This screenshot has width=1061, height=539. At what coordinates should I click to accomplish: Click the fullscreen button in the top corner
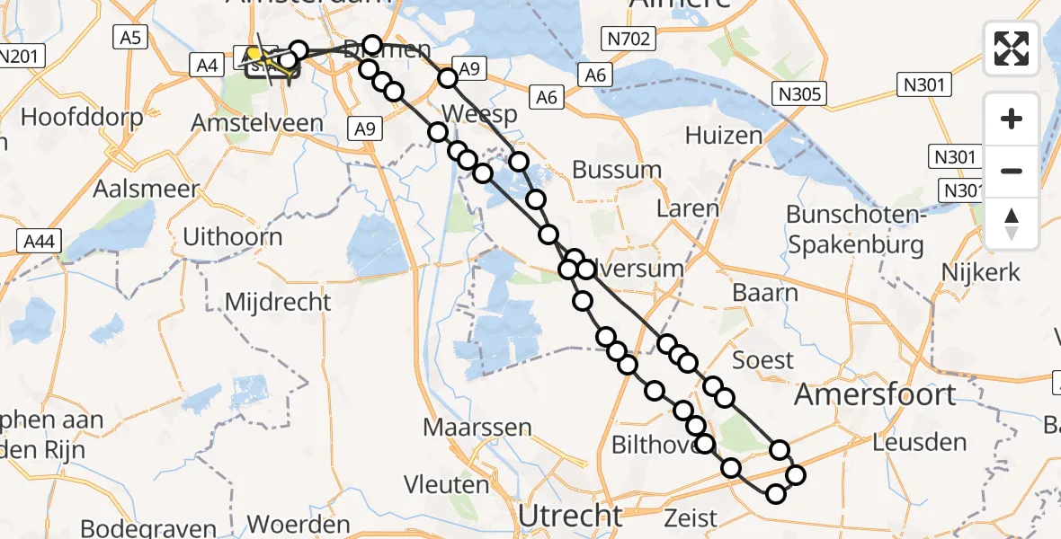click(1012, 49)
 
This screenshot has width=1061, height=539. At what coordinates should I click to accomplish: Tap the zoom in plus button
click(1012, 119)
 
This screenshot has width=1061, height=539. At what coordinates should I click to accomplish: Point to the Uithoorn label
click(232, 237)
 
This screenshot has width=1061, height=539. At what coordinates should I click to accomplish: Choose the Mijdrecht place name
click(278, 302)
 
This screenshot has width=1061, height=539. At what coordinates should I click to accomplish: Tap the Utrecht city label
click(571, 517)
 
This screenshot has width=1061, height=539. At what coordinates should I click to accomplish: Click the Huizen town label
click(723, 136)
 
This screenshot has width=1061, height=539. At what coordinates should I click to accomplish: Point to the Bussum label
click(617, 169)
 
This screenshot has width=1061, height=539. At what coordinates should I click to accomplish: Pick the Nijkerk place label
click(982, 271)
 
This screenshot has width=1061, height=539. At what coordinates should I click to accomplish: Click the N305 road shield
click(797, 93)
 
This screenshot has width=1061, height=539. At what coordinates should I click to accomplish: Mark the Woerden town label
click(298, 525)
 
